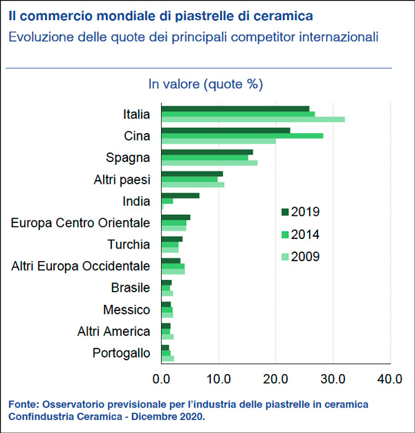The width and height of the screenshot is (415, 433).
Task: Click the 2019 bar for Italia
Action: coord(235,108)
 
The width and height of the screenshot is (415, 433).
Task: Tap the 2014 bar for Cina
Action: coord(242,136)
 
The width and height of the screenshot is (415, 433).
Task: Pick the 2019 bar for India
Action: coord(180,195)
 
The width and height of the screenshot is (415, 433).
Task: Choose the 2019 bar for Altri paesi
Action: coord(192,173)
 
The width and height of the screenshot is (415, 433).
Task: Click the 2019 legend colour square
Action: coord(285,212)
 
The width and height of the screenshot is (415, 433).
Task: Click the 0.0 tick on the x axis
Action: coord(162,378)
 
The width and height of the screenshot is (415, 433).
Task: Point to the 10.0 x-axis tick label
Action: coord(219,378)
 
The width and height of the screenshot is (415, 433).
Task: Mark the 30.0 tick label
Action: coord(333,378)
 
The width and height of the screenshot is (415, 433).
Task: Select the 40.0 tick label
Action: coord(390,378)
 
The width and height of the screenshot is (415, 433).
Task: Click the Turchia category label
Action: coord(129,245)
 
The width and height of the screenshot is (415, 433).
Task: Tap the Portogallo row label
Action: coord(121,353)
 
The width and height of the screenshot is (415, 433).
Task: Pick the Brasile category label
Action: coord(131,288)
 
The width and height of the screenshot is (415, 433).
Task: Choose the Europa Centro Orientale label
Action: coord(81,223)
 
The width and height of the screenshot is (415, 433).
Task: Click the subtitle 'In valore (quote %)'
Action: coord(205,85)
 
